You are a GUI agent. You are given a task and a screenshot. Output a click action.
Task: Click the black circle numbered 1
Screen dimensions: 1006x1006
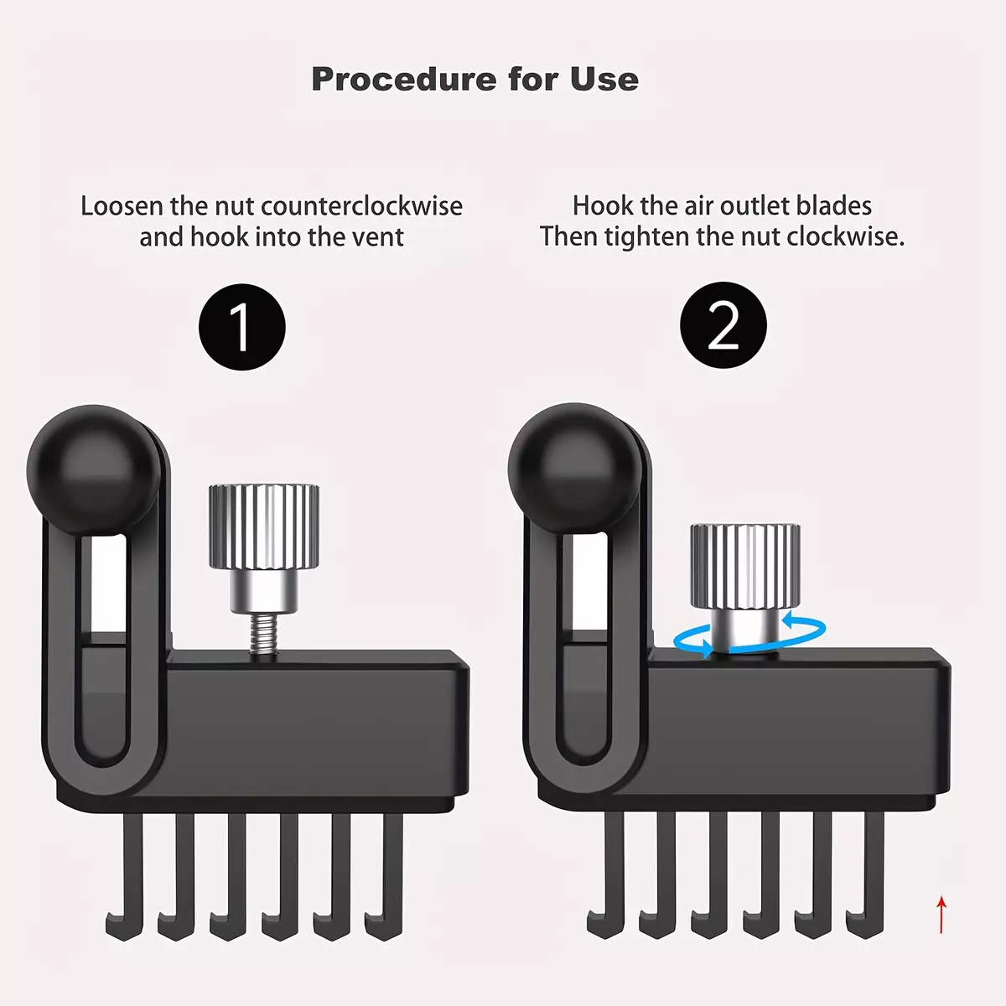(241, 327)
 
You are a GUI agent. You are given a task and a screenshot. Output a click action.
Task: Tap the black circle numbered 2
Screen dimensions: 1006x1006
(723, 325)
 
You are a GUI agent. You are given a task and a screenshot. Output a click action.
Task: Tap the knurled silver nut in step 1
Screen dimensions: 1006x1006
(263, 527)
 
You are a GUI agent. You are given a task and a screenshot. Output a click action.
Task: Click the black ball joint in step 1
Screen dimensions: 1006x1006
(93, 469)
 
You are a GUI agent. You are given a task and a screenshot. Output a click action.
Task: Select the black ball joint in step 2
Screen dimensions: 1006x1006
(575, 469)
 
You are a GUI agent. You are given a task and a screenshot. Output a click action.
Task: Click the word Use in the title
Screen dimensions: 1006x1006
(604, 80)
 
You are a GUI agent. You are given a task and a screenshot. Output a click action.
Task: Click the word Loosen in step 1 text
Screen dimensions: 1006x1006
(122, 206)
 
